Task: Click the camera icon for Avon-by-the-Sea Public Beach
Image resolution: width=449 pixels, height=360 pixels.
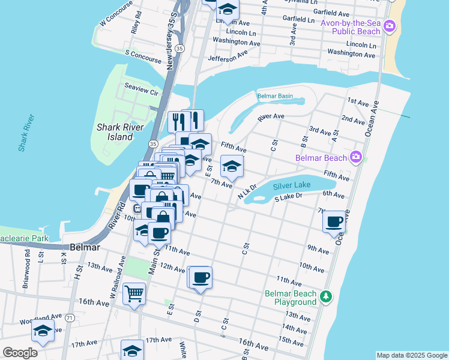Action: (x=390, y=26)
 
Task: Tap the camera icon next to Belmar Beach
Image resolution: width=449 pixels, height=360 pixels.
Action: (x=356, y=157)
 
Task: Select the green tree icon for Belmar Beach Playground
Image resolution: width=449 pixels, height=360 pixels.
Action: (x=326, y=296)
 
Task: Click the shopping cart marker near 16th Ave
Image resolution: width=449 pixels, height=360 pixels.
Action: (x=134, y=294)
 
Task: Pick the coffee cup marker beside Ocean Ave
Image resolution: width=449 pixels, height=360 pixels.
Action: (x=334, y=221)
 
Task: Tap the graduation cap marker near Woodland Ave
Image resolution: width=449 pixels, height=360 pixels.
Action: (x=43, y=330)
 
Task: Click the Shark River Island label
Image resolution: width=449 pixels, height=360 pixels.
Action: (x=115, y=132)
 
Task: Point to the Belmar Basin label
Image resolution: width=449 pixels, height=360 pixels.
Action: (x=275, y=96)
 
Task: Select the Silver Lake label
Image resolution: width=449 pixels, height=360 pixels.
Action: (x=292, y=185)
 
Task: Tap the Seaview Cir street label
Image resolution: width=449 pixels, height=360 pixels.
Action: (x=140, y=89)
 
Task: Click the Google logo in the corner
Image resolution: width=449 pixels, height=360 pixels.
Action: (x=20, y=353)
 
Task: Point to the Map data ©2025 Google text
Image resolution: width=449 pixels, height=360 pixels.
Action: (x=411, y=355)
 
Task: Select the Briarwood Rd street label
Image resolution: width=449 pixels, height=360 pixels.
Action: (x=27, y=274)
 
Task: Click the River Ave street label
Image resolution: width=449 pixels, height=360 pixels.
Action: (x=271, y=116)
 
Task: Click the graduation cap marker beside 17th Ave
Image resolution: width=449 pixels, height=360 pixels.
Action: (x=133, y=350)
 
